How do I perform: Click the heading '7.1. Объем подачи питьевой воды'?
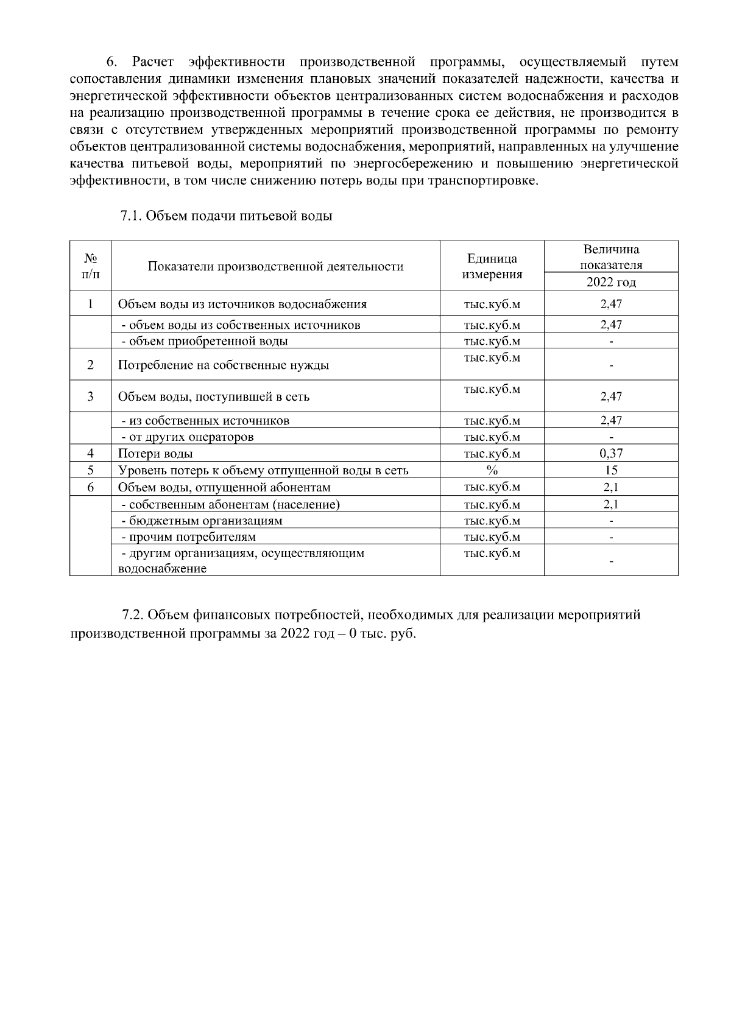(226, 216)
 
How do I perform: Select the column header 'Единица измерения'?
(492, 266)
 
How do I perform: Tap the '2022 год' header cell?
(610, 282)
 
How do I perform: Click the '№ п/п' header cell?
(90, 266)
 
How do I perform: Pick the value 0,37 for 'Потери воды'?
(610, 453)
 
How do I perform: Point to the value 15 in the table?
(610, 470)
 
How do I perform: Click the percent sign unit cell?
(492, 470)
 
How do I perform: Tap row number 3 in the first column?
(90, 396)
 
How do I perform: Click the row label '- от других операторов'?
(187, 437)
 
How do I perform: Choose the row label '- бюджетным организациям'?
(202, 521)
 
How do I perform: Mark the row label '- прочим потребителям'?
(188, 537)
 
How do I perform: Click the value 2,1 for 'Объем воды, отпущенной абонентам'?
(610, 487)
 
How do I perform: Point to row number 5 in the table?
(90, 470)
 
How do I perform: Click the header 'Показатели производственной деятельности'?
(275, 266)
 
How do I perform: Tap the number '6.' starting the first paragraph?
(111, 62)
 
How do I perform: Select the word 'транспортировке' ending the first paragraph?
(492, 181)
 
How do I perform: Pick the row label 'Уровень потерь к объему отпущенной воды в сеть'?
(263, 470)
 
